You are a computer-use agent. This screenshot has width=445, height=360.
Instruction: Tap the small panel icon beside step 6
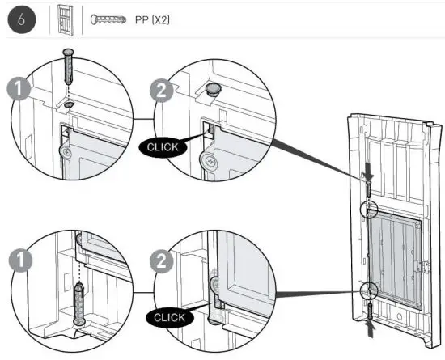(x=66, y=20)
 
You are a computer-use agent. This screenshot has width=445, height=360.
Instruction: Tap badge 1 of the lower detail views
(x=14, y=260)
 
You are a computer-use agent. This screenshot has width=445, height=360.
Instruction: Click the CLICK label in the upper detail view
(x=164, y=148)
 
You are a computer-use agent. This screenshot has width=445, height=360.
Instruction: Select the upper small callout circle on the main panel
(x=368, y=210)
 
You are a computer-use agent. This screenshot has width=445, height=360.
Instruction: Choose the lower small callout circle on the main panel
(x=368, y=290)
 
